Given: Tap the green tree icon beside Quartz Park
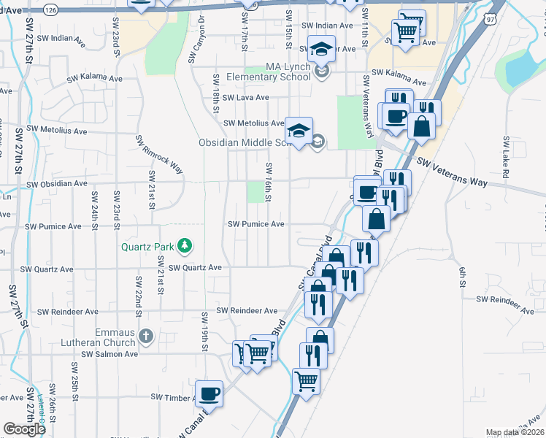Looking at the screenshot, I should pyautogui.click(x=185, y=245).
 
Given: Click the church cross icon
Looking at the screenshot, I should pyautogui.click(x=145, y=337).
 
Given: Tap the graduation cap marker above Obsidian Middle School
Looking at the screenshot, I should pyautogui.click(x=299, y=131).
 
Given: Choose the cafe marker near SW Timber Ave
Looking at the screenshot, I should pyautogui.click(x=209, y=393).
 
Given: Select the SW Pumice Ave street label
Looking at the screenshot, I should pyautogui.click(x=256, y=224).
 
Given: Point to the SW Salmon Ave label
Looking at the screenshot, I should pyautogui.click(x=109, y=354).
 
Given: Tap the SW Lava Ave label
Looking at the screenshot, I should pyautogui.click(x=246, y=97).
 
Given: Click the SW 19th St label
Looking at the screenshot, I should pyautogui.click(x=205, y=328).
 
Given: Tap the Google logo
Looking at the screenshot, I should pyautogui.click(x=24, y=429).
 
